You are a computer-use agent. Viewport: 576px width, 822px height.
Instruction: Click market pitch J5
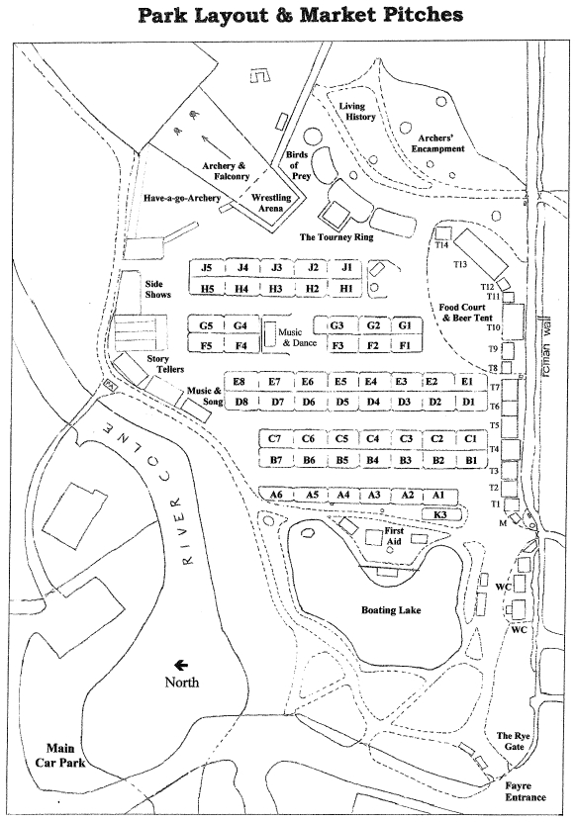click(207, 268)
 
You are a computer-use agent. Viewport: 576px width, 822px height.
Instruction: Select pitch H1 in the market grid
click(345, 288)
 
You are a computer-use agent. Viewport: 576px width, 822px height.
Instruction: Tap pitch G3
click(336, 325)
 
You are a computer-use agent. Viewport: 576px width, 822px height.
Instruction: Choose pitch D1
click(468, 401)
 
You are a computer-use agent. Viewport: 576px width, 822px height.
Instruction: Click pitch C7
click(275, 438)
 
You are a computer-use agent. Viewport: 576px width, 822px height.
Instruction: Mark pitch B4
click(373, 460)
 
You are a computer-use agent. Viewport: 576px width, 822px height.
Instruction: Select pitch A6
click(276, 495)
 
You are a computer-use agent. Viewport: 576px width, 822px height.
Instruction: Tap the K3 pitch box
click(441, 514)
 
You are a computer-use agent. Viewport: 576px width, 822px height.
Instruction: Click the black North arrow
click(181, 666)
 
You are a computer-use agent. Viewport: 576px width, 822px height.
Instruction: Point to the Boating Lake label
click(391, 609)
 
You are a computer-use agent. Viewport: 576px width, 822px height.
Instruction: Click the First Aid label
click(394, 536)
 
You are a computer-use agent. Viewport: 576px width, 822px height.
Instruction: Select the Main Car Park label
click(59, 755)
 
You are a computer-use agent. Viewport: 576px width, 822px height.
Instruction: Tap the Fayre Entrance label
click(526, 791)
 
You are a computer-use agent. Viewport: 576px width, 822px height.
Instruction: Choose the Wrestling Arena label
click(271, 203)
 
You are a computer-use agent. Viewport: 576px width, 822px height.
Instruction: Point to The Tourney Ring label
click(336, 237)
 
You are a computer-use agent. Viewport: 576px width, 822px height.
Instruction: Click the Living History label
click(356, 111)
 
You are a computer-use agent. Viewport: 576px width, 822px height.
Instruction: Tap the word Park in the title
click(162, 14)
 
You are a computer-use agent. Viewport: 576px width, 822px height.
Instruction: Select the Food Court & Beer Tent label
click(466, 313)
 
